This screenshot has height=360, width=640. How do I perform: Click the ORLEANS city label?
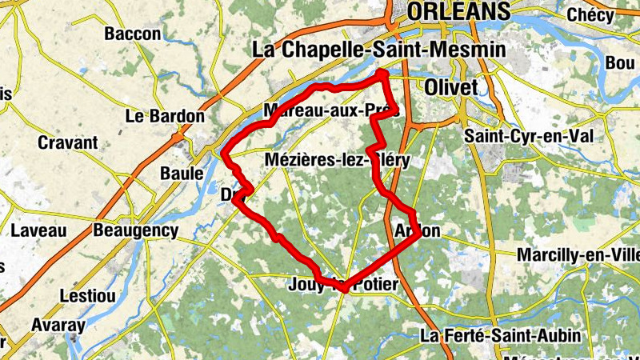tap(458, 11)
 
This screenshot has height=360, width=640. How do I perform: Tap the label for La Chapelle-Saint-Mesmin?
tap(379, 50)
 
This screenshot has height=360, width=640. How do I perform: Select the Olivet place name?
tap(451, 86)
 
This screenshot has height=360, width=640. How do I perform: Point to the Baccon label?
tap(133, 34)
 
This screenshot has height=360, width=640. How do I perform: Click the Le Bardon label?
tap(166, 116)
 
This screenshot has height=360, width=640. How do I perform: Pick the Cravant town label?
tap(68, 143)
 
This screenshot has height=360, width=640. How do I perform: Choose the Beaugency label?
tap(136, 231)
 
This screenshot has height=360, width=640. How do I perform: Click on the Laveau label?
tap(39, 231)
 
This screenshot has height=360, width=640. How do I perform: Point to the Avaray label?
tap(58, 326)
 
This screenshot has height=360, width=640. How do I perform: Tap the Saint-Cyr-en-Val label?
tap(529, 136)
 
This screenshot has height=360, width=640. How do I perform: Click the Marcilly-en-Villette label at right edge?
tap(579, 254)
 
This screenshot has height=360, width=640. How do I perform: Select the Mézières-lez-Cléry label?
tap(337, 161)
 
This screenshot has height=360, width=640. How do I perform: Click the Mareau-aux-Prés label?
tap(330, 110)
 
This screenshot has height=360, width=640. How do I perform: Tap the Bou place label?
tap(620, 62)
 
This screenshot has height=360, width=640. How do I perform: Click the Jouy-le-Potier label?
tap(346, 284)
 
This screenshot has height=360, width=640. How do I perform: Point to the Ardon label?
tap(418, 231)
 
